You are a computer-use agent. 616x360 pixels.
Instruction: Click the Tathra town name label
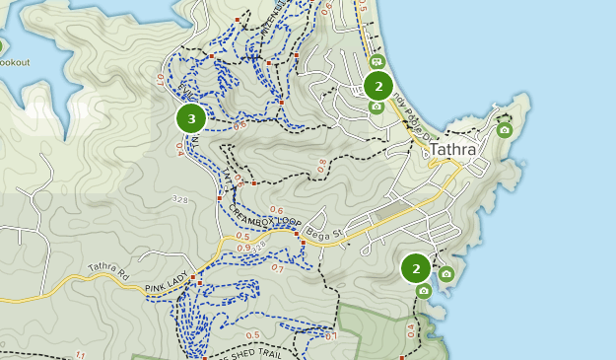452,150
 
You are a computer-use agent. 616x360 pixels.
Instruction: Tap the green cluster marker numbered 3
190,118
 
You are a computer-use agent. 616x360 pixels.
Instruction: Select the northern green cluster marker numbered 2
378,86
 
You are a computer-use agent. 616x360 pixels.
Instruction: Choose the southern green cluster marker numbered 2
416,268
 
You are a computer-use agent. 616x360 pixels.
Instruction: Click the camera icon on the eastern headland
505,129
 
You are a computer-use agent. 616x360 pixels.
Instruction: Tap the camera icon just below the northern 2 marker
376,107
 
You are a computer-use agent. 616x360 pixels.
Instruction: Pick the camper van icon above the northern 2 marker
376,62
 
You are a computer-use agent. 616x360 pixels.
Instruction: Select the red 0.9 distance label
242,247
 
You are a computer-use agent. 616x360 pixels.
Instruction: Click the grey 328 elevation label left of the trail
179,200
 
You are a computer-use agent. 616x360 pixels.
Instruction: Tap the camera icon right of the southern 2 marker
445,273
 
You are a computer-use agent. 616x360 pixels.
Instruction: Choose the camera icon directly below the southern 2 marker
424,291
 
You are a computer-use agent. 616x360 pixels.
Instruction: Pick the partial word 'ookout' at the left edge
15,62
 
